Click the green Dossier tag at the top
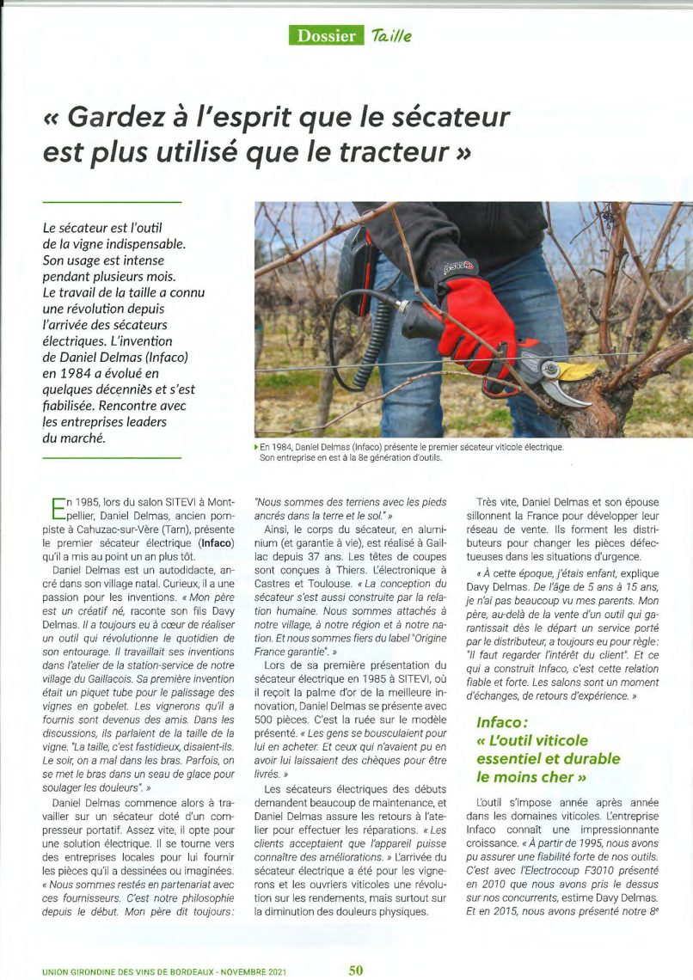pyautogui.click(x=326, y=35)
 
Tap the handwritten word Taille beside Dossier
pyautogui.click(x=391, y=35)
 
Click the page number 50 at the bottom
pyautogui.click(x=356, y=970)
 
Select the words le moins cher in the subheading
pyautogui.click(x=525, y=775)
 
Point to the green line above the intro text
pyautogui.click(x=112, y=202)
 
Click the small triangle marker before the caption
pyautogui.click(x=256, y=447)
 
